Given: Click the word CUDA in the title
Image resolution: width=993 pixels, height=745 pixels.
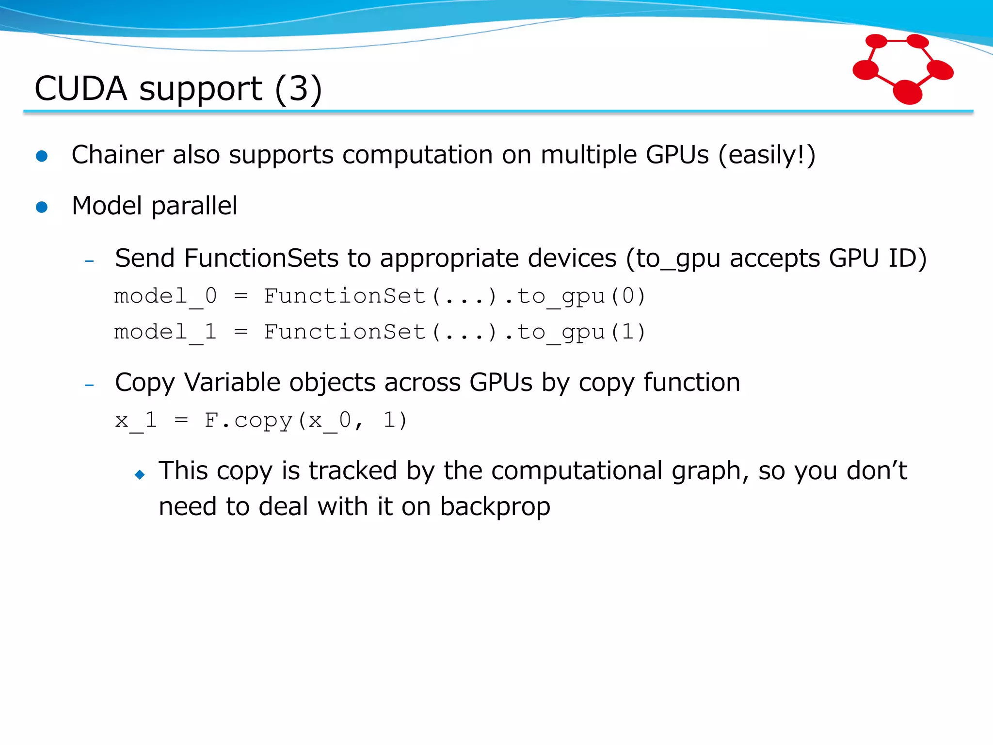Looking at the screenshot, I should tap(81, 89).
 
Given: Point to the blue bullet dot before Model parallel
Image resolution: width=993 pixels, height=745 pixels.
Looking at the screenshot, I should tap(42, 207).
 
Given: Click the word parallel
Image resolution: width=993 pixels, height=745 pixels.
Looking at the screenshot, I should tap(194, 206).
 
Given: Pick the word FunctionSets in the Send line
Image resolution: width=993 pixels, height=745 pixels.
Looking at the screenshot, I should tap(261, 258).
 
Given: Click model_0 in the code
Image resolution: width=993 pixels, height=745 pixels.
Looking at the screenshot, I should tap(165, 296).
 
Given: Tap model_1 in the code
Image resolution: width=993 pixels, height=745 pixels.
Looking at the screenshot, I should tap(165, 332).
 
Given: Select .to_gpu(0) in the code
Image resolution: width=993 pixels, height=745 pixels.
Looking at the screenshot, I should tap(575, 296).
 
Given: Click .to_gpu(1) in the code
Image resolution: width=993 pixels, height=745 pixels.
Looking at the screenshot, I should tap(575, 332).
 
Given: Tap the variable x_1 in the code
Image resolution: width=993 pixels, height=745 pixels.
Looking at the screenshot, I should tap(136, 420).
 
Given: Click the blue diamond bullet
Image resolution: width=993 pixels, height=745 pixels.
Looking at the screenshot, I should tap(140, 474).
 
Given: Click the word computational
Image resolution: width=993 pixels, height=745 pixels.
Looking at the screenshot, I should tap(577, 471).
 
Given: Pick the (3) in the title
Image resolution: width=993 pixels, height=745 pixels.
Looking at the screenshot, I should tap(298, 89).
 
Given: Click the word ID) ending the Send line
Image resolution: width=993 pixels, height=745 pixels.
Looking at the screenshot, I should tap(907, 258).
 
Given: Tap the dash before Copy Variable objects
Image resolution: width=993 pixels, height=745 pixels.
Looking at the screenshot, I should tap(89, 386).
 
